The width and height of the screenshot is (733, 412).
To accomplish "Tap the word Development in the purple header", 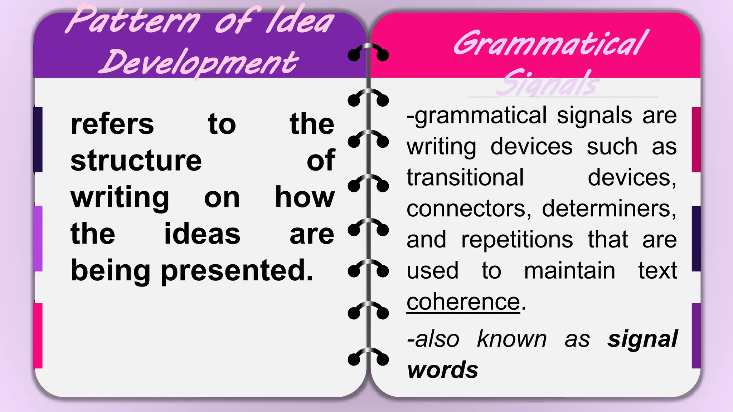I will point(199,63).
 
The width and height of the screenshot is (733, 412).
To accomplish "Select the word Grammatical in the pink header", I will point(551,44).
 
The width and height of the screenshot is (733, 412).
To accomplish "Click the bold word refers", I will point(112,124).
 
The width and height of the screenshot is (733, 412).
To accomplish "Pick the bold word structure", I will point(136,161).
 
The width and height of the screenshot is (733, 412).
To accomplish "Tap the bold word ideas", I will point(202,234).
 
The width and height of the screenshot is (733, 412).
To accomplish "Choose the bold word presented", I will point(237,271).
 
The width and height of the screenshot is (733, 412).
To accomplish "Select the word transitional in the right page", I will point(465,177).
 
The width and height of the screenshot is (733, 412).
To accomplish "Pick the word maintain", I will point(569,270).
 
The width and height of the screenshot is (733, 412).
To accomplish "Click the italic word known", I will point(512,339).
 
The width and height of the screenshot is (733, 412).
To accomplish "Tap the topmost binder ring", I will point(368,52).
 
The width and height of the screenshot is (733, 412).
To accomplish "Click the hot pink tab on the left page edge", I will point(38,335).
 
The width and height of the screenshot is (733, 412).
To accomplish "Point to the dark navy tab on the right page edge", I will point(696,239).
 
